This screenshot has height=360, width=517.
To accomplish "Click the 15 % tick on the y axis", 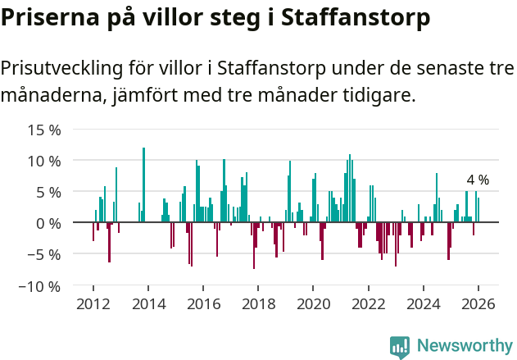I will (44, 130).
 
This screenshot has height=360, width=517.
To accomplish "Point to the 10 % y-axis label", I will (44, 161).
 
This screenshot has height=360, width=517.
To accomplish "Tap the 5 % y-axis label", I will (48, 192).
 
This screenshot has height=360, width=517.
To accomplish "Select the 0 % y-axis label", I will (48, 223).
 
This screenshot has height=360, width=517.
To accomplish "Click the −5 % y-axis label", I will (44, 254).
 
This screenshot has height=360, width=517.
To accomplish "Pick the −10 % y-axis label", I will (40, 286).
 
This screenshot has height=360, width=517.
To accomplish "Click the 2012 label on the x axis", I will (93, 303).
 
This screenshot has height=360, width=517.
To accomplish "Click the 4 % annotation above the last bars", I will (478, 180).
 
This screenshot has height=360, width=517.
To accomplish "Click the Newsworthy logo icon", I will (399, 346).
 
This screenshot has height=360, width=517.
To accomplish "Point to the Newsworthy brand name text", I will (464, 346).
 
